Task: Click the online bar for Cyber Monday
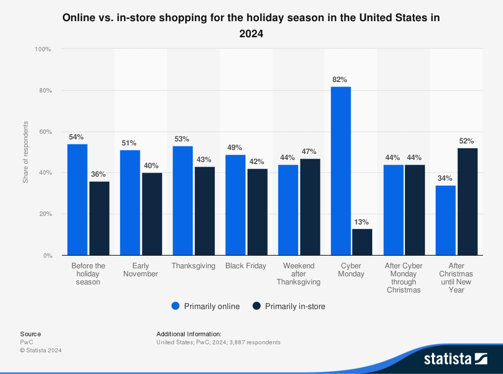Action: click(x=341, y=171)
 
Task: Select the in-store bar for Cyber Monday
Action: click(x=362, y=242)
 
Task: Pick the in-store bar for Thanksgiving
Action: click(x=205, y=211)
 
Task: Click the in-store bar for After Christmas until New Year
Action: click(x=468, y=201)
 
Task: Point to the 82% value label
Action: click(x=340, y=80)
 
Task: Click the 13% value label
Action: click(x=362, y=222)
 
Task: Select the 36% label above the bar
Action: click(x=99, y=174)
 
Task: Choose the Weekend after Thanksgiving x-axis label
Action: click(x=298, y=274)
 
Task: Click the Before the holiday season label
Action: click(x=89, y=274)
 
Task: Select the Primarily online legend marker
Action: click(x=176, y=306)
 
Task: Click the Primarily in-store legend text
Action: click(x=295, y=306)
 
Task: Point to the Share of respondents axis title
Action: click(x=26, y=152)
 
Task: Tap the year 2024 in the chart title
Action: click(x=251, y=34)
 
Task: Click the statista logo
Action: click(x=455, y=359)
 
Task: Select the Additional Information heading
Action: click(x=189, y=334)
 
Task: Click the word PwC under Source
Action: click(x=27, y=342)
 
